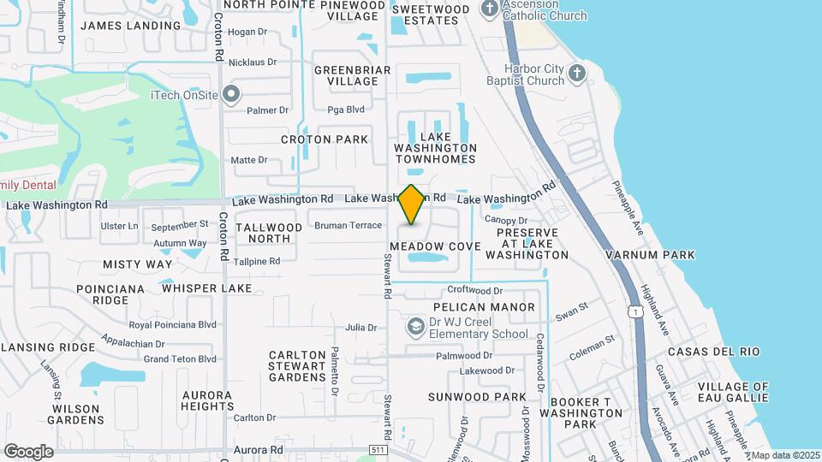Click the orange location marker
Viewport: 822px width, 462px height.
(x=412, y=204)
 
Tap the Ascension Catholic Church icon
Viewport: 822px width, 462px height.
(x=490, y=9)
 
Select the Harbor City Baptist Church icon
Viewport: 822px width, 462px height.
(x=577, y=74)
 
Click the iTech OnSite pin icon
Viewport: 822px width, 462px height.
(x=230, y=94)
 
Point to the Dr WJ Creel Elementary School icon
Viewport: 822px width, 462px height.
(x=416, y=328)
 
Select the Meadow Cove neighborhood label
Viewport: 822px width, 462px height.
(x=435, y=246)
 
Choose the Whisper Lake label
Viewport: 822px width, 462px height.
(x=207, y=288)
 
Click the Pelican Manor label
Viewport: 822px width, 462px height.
(x=484, y=307)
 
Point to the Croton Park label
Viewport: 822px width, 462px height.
(x=325, y=139)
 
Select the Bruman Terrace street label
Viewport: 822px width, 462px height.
(x=348, y=226)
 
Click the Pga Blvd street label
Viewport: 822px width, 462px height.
(x=346, y=110)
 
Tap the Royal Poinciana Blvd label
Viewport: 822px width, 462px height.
(x=172, y=325)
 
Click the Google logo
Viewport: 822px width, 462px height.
(x=28, y=451)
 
